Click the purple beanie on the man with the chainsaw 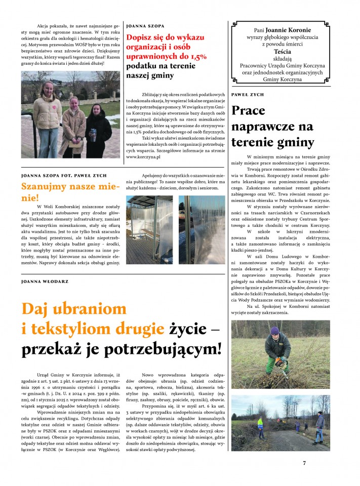click(274, 330)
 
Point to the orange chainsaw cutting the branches click(280, 362)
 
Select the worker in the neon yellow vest click(260, 426)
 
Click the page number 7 click(304, 463)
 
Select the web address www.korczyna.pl click(143, 157)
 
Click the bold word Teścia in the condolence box click(282, 52)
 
